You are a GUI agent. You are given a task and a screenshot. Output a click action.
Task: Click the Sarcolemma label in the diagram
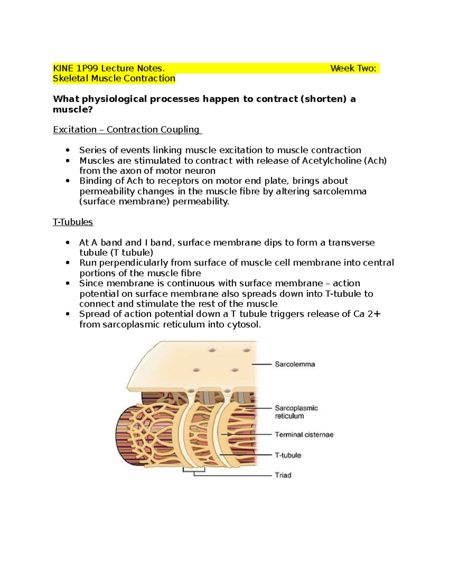tap(295, 364)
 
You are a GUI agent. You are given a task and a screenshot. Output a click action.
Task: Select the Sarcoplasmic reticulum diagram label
tap(296, 412)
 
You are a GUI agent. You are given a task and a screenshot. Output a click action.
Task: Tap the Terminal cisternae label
tap(304, 434)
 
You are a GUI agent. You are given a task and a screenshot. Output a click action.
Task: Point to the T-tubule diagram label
tap(288, 455)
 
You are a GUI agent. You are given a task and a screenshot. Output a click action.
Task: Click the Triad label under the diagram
tap(283, 475)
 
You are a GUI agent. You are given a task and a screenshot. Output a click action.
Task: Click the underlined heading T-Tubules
tap(73, 222)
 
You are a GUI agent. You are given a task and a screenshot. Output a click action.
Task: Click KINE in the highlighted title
tap(63, 68)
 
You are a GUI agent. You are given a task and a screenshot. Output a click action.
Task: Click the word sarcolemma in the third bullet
tap(339, 191)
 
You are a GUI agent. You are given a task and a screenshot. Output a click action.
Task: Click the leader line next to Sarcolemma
tap(261, 364)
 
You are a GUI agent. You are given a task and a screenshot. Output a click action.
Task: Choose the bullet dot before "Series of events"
tap(67, 150)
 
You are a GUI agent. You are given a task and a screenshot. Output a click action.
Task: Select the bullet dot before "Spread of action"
tap(67, 314)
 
